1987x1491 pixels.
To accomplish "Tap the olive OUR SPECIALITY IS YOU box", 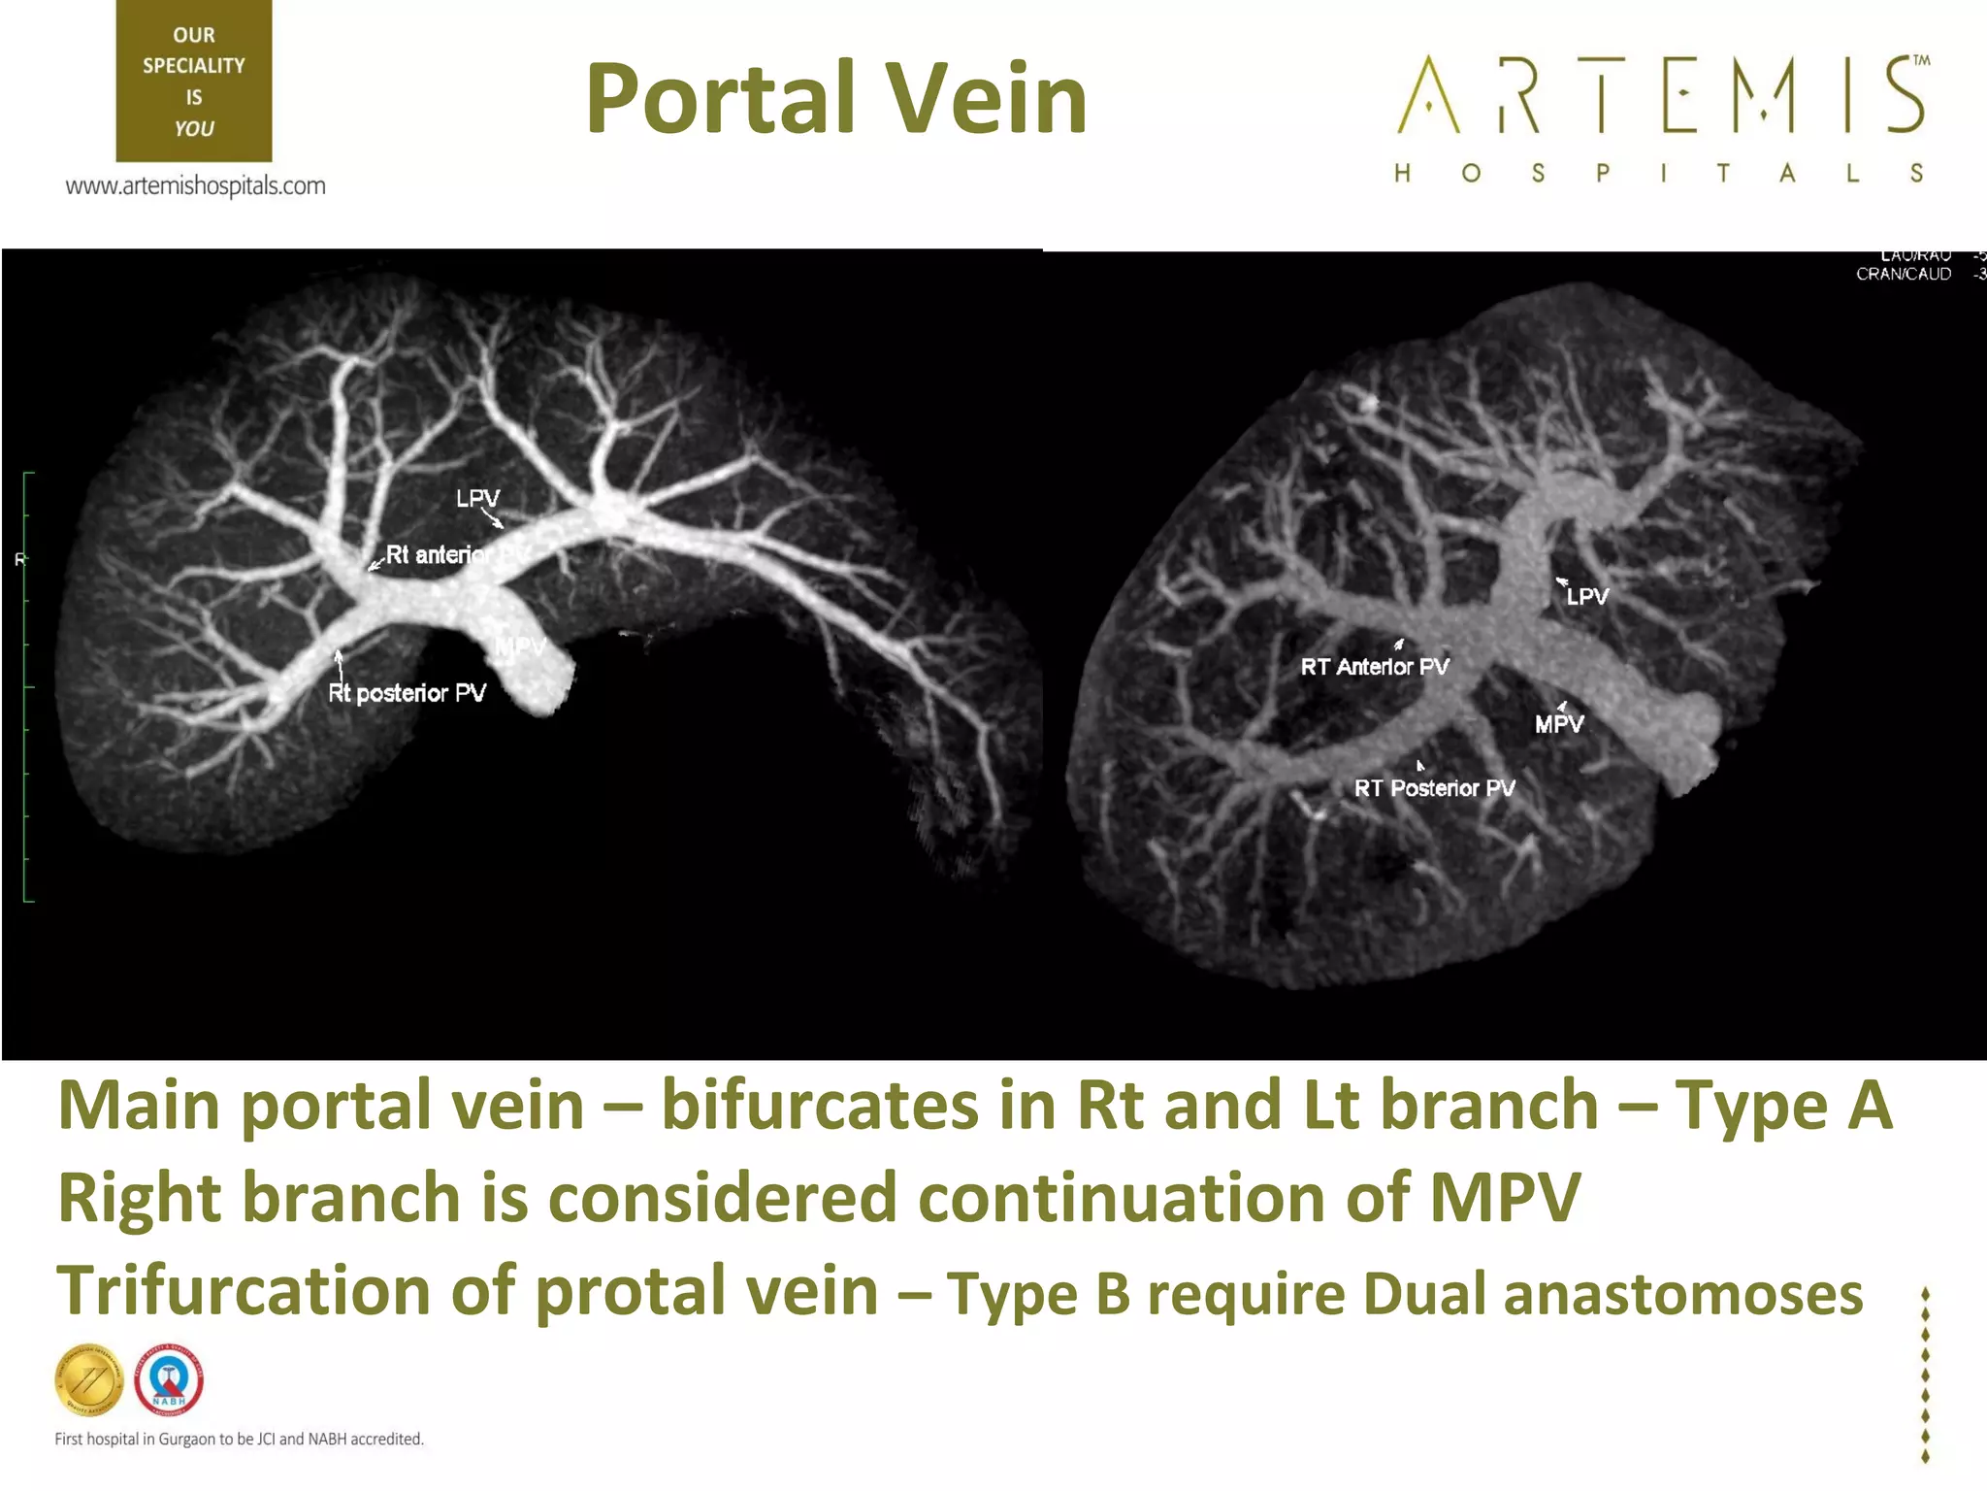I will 194,82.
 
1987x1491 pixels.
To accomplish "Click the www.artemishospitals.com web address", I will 195,185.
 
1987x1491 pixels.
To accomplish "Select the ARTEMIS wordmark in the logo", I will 1662,95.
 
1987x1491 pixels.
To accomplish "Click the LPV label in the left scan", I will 477,498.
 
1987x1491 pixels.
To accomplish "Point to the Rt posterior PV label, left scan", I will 407,693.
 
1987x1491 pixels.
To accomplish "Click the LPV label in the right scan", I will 1587,597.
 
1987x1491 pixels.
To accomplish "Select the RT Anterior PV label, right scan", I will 1375,667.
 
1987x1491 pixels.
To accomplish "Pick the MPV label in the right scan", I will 1559,724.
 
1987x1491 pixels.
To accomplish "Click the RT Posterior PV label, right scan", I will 1434,788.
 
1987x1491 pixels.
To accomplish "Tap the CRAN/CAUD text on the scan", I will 1903,275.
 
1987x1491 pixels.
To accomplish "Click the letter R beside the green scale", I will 19,559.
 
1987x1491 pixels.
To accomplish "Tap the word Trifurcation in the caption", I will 243,1291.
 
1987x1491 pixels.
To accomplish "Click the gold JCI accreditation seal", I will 89,1379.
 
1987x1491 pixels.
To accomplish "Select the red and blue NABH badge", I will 169,1379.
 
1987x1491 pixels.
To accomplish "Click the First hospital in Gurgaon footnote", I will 239,1439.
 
